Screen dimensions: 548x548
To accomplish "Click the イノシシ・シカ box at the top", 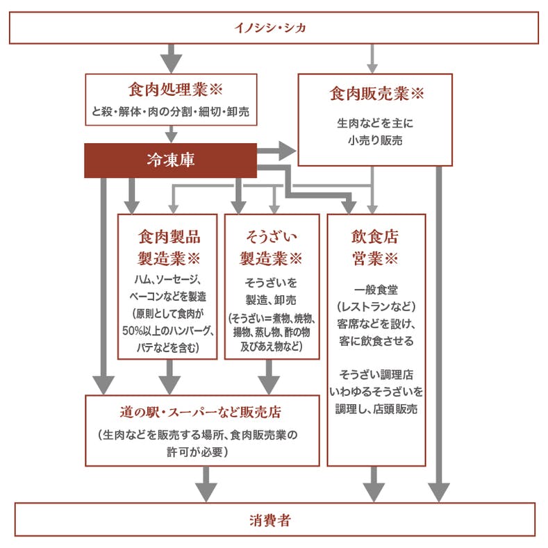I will click(x=274, y=28).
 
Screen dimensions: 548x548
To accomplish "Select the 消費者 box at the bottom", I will click(x=274, y=520).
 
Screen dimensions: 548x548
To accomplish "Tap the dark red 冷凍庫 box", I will click(x=170, y=160).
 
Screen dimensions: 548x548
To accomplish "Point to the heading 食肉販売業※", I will click(x=376, y=93).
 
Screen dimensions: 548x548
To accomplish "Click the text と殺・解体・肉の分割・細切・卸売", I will click(x=172, y=111).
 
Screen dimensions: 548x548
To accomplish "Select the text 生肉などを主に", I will click(x=375, y=124).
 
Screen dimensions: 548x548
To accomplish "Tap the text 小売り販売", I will click(x=375, y=140).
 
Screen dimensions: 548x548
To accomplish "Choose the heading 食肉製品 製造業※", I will click(x=169, y=247).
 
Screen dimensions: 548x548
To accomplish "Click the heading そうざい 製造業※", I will click(x=272, y=247).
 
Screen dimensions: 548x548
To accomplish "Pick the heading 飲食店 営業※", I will click(x=375, y=247).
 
